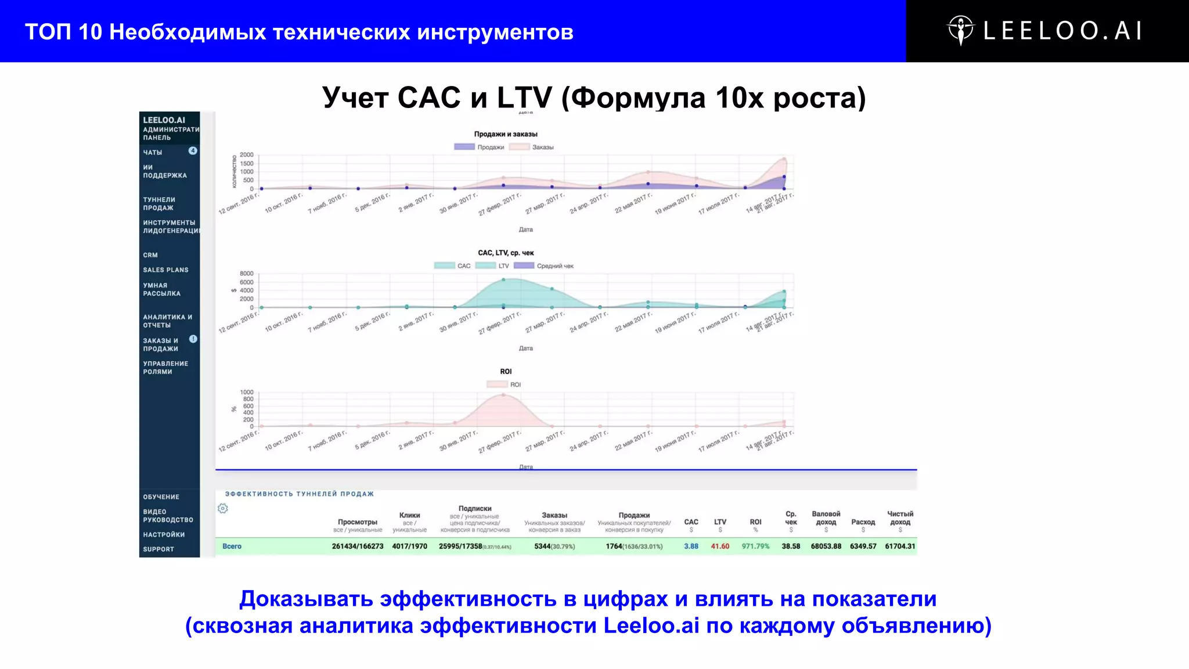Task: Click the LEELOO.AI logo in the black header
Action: (x=1046, y=31)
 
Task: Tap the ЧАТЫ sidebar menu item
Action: (x=153, y=152)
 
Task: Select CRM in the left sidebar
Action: (x=150, y=255)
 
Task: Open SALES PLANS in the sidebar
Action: (x=165, y=270)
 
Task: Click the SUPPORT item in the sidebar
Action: (x=158, y=549)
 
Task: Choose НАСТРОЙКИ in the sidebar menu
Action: (x=164, y=535)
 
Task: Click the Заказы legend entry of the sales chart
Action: (x=532, y=147)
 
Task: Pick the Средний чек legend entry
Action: (x=544, y=266)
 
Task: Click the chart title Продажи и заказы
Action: (x=506, y=134)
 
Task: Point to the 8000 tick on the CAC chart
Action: (x=247, y=274)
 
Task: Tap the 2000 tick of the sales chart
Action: (x=247, y=155)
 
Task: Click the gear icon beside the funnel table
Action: (x=223, y=509)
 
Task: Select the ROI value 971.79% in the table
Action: (x=755, y=546)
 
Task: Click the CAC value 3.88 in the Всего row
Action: (x=691, y=546)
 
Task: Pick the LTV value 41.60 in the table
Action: (x=720, y=546)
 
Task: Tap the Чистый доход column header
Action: (x=900, y=517)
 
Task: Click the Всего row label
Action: (x=232, y=546)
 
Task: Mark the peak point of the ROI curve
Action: (x=503, y=395)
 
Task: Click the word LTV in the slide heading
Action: (x=524, y=98)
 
